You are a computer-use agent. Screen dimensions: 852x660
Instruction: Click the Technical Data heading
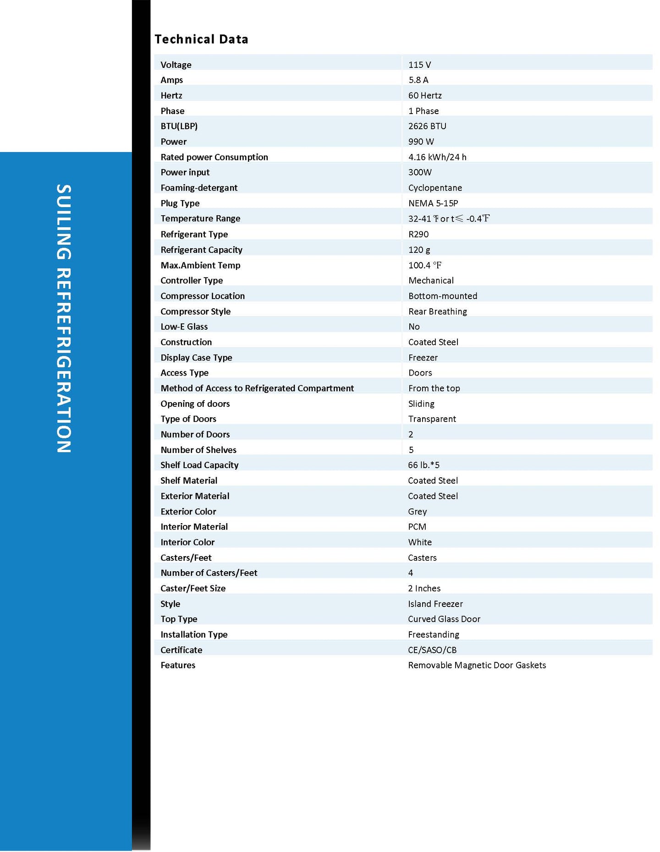pyautogui.click(x=201, y=39)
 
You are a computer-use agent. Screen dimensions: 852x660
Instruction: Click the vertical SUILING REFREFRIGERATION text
pyautogui.click(x=64, y=318)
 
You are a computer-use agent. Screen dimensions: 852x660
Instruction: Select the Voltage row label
pyautogui.click(x=176, y=65)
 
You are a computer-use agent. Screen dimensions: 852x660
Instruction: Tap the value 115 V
pyautogui.click(x=419, y=65)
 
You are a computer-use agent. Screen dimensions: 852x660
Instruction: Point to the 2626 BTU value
pyautogui.click(x=427, y=126)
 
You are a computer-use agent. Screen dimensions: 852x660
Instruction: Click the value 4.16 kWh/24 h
pyautogui.click(x=437, y=157)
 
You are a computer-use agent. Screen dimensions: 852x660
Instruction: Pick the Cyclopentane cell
pyautogui.click(x=435, y=188)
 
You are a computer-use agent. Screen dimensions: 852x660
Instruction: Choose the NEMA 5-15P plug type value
pyautogui.click(x=433, y=203)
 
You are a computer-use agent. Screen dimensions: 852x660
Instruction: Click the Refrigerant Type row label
pyautogui.click(x=194, y=234)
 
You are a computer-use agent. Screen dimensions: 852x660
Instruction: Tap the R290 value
pyautogui.click(x=418, y=234)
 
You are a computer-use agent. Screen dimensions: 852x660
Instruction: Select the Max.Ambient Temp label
pyautogui.click(x=200, y=265)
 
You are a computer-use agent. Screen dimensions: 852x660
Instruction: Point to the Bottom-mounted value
pyautogui.click(x=443, y=296)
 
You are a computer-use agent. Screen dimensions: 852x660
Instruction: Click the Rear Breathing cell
pyautogui.click(x=438, y=311)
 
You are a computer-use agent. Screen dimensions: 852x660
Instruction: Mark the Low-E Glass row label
pyautogui.click(x=184, y=327)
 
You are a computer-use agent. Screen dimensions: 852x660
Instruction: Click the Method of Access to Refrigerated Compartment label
pyautogui.click(x=257, y=388)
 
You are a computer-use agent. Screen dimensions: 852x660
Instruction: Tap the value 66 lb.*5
pyautogui.click(x=423, y=465)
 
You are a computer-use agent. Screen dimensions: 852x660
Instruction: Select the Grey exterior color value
pyautogui.click(x=417, y=511)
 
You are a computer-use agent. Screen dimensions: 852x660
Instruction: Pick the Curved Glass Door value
pyautogui.click(x=444, y=619)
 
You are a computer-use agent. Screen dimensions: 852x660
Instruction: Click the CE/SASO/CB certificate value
pyautogui.click(x=432, y=650)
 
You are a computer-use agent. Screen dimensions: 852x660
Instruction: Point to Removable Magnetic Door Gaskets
pyautogui.click(x=477, y=665)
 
